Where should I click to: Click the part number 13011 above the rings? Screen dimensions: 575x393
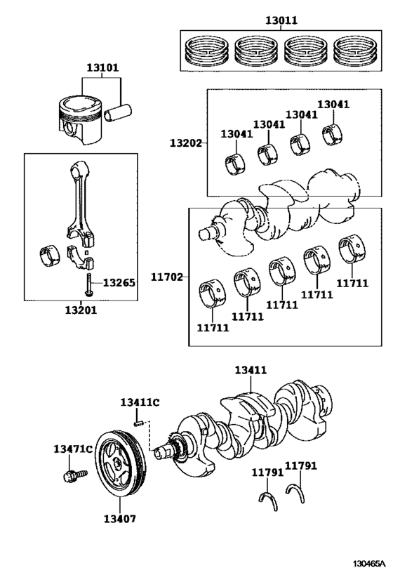[x=281, y=20]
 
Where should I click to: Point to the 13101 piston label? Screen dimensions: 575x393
[x=102, y=68]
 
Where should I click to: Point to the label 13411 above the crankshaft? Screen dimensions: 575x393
[x=251, y=369]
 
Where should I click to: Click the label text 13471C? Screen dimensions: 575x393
[x=72, y=449]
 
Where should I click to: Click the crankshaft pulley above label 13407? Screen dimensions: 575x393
[x=121, y=467]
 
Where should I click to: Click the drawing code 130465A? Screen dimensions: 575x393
[x=369, y=563]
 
